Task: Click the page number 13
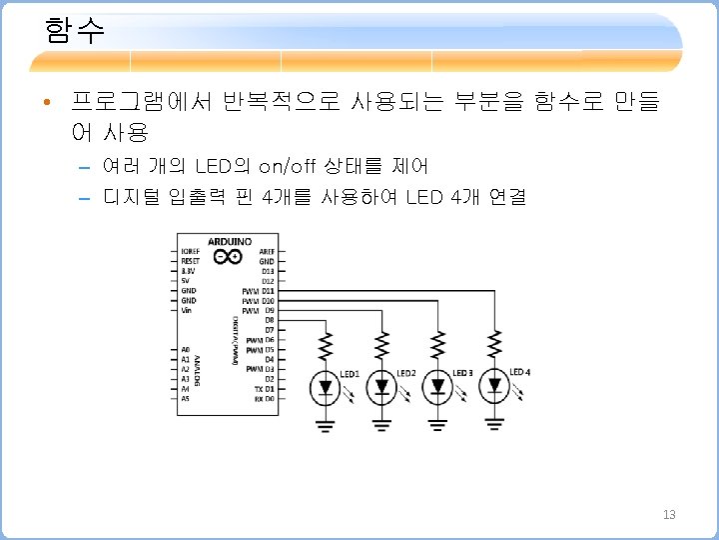click(669, 514)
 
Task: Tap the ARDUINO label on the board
click(229, 241)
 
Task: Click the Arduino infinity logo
click(229, 256)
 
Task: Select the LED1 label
click(350, 374)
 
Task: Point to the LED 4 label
click(519, 372)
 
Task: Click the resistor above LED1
click(326, 346)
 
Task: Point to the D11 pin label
click(268, 291)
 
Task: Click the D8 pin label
click(268, 320)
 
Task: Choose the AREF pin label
click(267, 251)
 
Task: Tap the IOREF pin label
click(190, 251)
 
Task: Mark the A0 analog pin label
click(185, 349)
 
